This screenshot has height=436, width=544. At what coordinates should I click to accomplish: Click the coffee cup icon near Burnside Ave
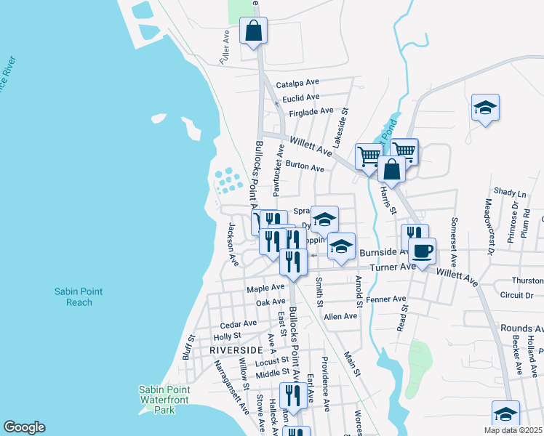pyautogui.click(x=422, y=251)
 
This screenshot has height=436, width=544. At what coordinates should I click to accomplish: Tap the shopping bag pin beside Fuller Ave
pyautogui.click(x=253, y=31)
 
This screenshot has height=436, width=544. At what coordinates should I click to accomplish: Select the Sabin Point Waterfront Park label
pyautogui.click(x=166, y=400)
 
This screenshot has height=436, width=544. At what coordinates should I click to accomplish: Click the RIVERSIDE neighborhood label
pyautogui.click(x=235, y=350)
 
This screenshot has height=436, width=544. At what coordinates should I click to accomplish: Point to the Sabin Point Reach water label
pyautogui.click(x=79, y=296)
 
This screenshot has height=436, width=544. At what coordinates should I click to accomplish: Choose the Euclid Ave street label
pyautogui.click(x=301, y=97)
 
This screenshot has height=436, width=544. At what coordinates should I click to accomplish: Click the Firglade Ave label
pyautogui.click(x=311, y=112)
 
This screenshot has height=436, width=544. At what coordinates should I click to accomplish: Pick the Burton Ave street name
pyautogui.click(x=305, y=167)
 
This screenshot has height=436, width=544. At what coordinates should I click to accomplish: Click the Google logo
pyautogui.click(x=23, y=427)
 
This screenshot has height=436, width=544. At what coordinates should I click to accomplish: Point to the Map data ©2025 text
pyautogui.click(x=513, y=430)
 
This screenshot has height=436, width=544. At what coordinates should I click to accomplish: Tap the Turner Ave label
pyautogui.click(x=392, y=267)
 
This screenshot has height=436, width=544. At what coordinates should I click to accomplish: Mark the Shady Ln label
pyautogui.click(x=509, y=193)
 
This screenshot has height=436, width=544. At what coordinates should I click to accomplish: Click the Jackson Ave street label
pyautogui.click(x=231, y=245)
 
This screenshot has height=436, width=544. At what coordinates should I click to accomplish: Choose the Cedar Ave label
pyautogui.click(x=239, y=323)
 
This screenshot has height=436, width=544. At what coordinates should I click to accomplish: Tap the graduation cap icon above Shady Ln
pyautogui.click(x=485, y=108)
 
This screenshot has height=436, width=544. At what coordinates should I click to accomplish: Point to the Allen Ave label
pyautogui.click(x=340, y=316)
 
